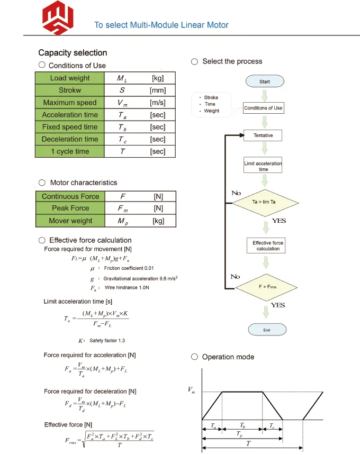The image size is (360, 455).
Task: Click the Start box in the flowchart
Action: pyautogui.click(x=265, y=81)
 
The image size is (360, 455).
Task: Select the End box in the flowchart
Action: pyautogui.click(x=266, y=330)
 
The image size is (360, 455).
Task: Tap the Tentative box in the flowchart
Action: pyautogui.click(x=263, y=135)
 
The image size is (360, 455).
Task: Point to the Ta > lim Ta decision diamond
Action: pyautogui.click(x=263, y=202)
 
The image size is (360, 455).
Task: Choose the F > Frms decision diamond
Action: pyautogui.click(x=263, y=286)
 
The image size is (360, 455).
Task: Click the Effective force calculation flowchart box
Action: pyautogui.click(x=268, y=245)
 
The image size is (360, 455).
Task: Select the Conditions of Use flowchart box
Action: pyautogui.click(x=263, y=108)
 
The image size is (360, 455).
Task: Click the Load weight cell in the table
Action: pyautogui.click(x=70, y=78)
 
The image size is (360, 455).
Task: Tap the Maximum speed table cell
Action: pyautogui.click(x=70, y=103)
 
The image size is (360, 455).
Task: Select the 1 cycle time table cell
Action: pyautogui.click(x=70, y=151)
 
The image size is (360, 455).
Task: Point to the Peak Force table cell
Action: pyautogui.click(x=70, y=208)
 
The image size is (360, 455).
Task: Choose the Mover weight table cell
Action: pyautogui.click(x=70, y=221)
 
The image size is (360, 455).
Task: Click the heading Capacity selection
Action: pyautogui.click(x=73, y=53)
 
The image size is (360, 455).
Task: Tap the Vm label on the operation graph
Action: pyautogui.click(x=192, y=390)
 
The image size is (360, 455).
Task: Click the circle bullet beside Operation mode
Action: pyautogui.click(x=195, y=357)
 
